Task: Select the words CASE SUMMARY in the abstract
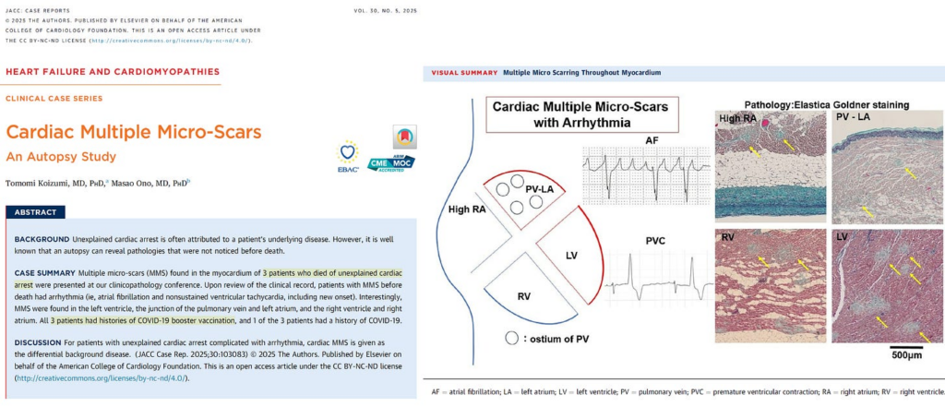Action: tap(45, 274)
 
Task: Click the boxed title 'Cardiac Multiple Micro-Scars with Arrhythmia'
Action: tap(581, 114)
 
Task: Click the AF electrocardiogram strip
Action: tap(638, 172)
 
